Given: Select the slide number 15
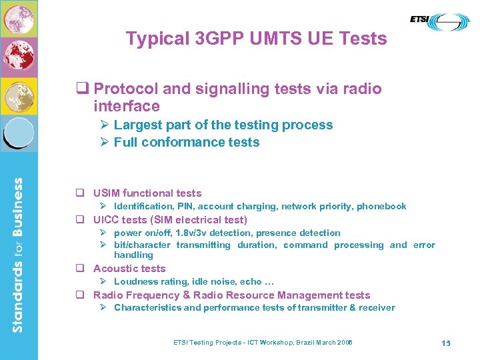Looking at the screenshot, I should click(446, 343).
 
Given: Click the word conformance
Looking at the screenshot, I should click(179, 142).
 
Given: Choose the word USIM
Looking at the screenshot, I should click(108, 193).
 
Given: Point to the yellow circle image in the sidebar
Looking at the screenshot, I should click(19, 95).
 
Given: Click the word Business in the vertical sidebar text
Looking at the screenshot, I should click(19, 207).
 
